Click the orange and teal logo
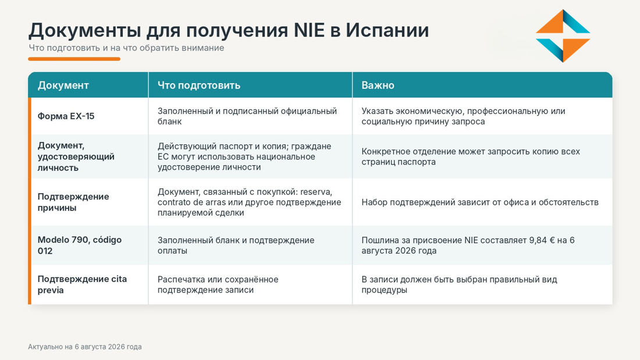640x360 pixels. pyautogui.click(x=563, y=36)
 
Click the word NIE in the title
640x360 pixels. pyautogui.click(x=309, y=30)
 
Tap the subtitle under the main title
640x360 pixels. pyautogui.click(x=126, y=48)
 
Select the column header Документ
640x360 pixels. pyautogui.click(x=63, y=85)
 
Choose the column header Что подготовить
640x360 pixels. pyautogui.click(x=199, y=85)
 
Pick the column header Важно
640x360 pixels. pyautogui.click(x=378, y=85)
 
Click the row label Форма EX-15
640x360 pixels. pyautogui.click(x=66, y=116)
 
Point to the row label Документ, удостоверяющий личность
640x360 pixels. pyautogui.click(x=76, y=156)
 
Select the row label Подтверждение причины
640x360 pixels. pyautogui.click(x=73, y=202)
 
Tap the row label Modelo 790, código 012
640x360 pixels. pyautogui.click(x=80, y=245)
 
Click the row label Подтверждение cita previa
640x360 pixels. pyautogui.click(x=82, y=284)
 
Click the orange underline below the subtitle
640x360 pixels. pyautogui.click(x=74, y=59)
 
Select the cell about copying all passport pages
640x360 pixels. pyautogui.click(x=471, y=156)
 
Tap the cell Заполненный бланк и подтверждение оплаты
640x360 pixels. pyautogui.click(x=236, y=245)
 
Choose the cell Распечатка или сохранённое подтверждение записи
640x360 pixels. pyautogui.click(x=218, y=284)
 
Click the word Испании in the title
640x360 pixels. pyautogui.click(x=387, y=30)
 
